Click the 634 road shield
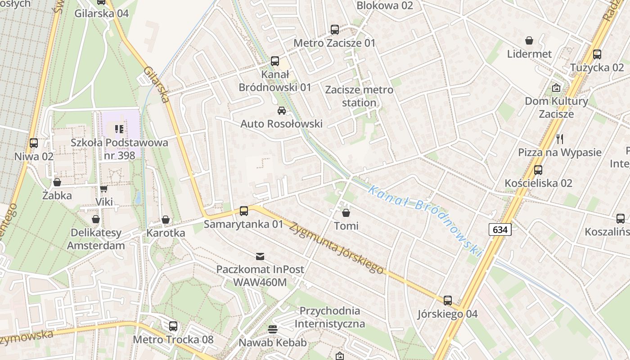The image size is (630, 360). [x=500, y=229]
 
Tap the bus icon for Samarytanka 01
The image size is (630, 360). [x=244, y=211]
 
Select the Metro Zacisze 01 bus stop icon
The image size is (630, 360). [x=335, y=30]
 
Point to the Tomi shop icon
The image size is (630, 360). [x=346, y=212]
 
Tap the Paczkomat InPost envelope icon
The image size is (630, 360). [x=260, y=256]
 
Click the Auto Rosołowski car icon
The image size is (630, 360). [x=282, y=111]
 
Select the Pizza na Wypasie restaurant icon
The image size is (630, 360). [x=560, y=139]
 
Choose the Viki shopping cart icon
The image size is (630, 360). [x=104, y=189]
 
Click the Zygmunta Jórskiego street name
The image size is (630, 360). [x=337, y=248]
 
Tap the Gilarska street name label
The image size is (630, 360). [x=156, y=85]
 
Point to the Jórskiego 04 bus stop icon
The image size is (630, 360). [x=448, y=300]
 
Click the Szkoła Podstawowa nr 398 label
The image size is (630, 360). [x=119, y=149]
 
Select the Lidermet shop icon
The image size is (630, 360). [x=529, y=40]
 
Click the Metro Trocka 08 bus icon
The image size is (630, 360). [x=173, y=326]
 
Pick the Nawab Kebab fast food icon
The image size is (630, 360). [x=272, y=329]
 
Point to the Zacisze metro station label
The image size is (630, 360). [x=359, y=96]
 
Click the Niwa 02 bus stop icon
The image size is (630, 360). [x=34, y=143]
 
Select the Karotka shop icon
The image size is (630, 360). [x=166, y=220]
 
